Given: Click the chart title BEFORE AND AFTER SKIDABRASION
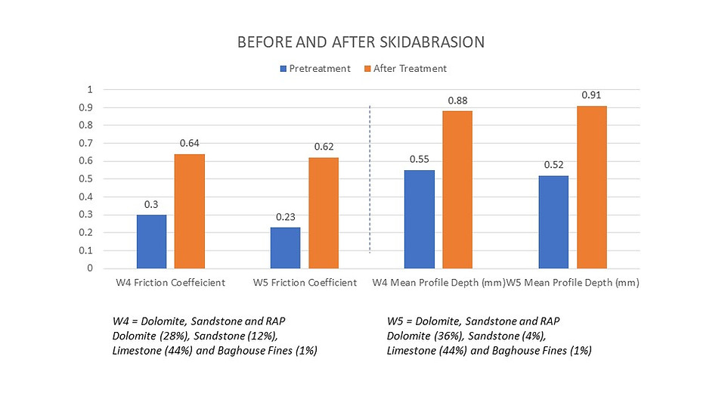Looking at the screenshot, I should pyautogui.click(x=361, y=42).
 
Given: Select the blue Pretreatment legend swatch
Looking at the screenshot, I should pyautogui.click(x=283, y=69).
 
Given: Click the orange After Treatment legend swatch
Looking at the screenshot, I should pyautogui.click(x=368, y=69).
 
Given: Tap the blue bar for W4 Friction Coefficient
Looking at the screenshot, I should pyautogui.click(x=151, y=241).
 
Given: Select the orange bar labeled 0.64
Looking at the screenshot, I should pyautogui.click(x=190, y=211).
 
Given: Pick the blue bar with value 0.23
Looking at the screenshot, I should pyautogui.click(x=286, y=247).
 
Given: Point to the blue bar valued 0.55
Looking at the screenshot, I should pyautogui.click(x=420, y=219).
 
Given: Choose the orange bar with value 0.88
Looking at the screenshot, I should pyautogui.click(x=457, y=189).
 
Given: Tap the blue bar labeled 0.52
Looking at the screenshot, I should pyautogui.click(x=553, y=222).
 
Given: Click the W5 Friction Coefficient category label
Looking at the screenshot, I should pyautogui.click(x=305, y=284).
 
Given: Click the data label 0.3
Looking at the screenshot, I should pyautogui.click(x=151, y=204).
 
